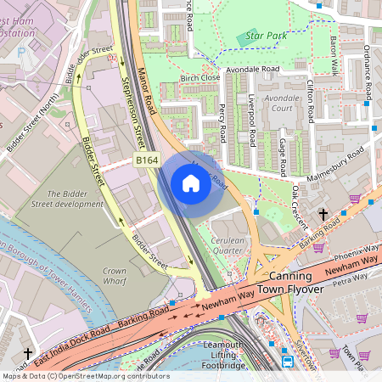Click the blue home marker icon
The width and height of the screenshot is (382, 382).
(191, 183)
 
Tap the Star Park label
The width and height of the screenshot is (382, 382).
(261, 37)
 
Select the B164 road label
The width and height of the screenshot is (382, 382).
(146, 159)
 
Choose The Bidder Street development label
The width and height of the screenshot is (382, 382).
(75, 199)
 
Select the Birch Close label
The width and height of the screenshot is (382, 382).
(200, 77)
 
